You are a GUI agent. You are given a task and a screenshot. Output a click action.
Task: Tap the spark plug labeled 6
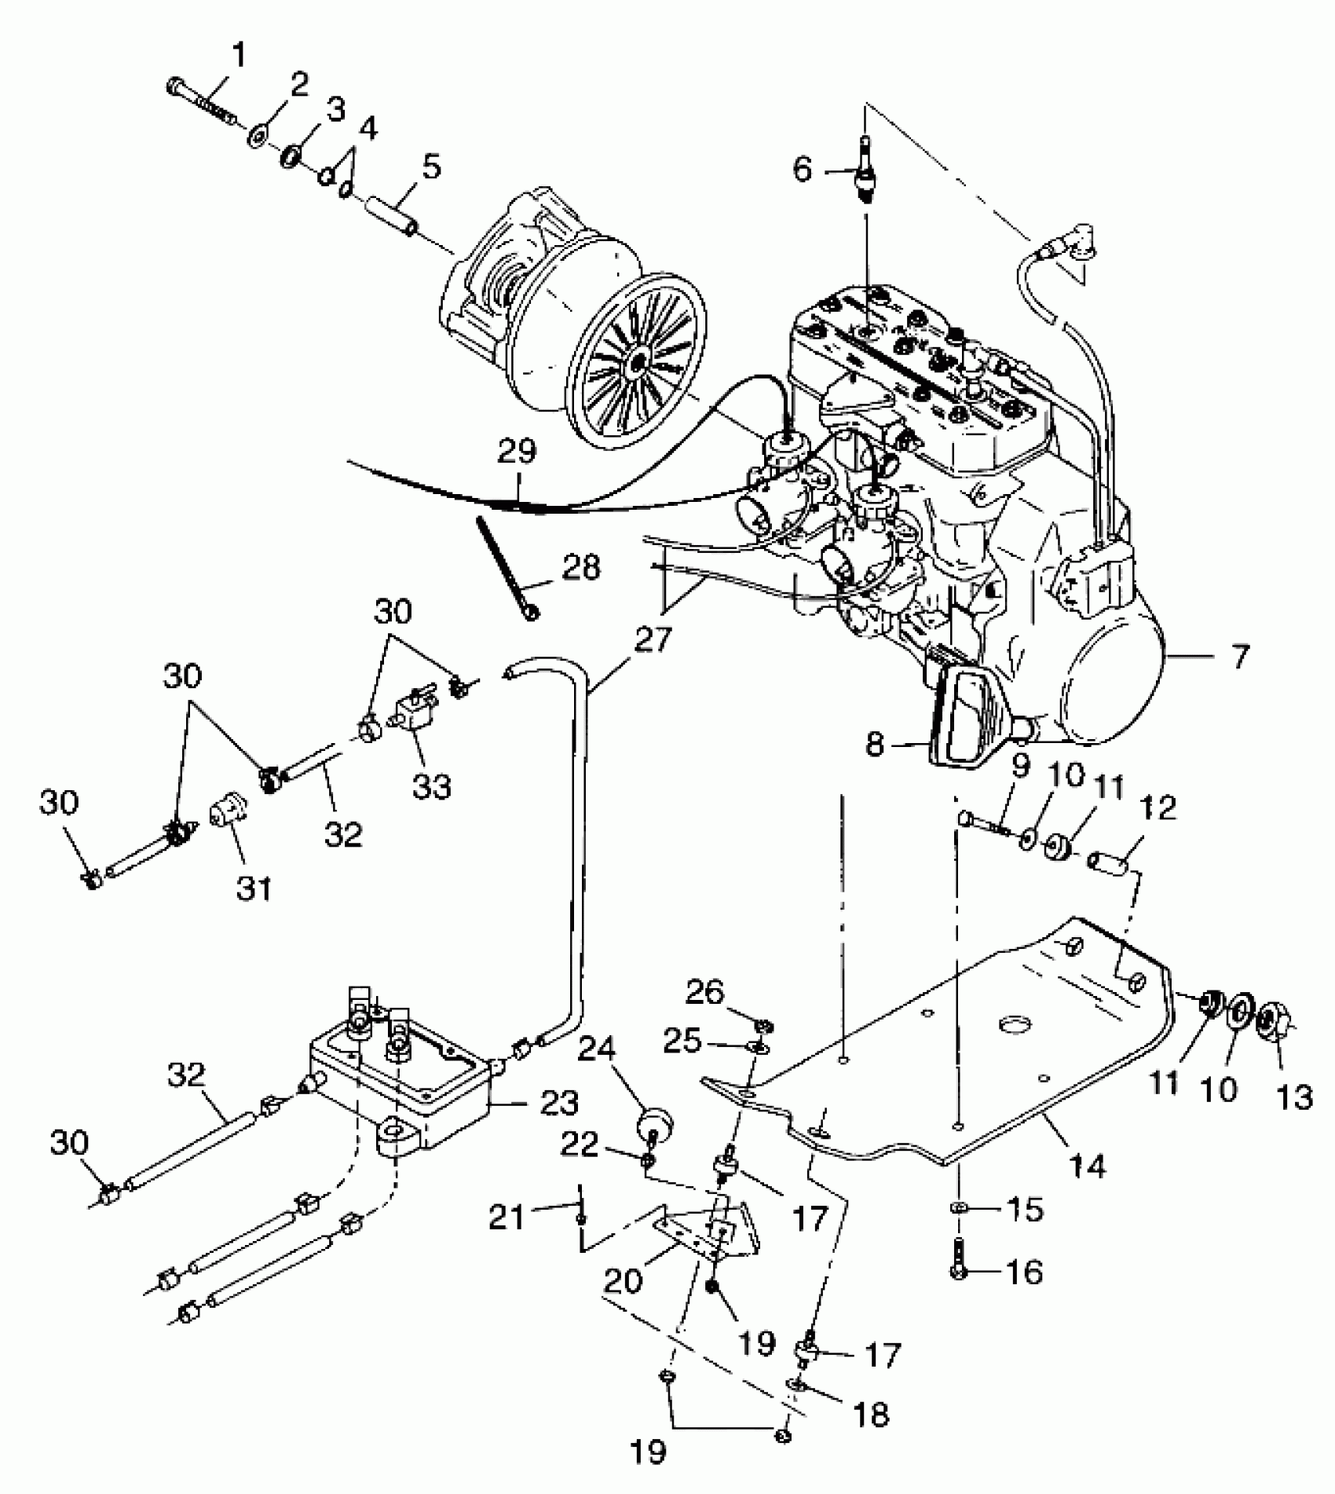pos(865,170)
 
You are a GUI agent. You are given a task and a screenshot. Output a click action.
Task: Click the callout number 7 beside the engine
pos(1239,656)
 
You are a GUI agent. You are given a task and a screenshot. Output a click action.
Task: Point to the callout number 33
pos(432,785)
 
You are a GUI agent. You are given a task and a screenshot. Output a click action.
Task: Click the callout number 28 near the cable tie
pos(582,567)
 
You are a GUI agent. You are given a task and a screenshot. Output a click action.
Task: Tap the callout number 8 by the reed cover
pos(874,744)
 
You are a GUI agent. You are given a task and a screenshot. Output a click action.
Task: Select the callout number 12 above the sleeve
pos(1161,807)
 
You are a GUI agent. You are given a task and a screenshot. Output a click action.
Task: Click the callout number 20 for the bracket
pos(624,1280)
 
